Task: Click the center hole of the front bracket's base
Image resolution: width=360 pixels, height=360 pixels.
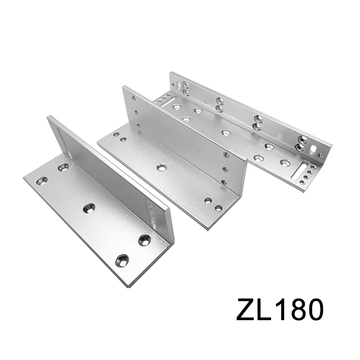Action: (x=89, y=208)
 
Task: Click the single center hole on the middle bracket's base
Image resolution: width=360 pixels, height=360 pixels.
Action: (x=162, y=167)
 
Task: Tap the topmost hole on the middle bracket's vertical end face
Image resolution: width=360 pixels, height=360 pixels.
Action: (x=227, y=154)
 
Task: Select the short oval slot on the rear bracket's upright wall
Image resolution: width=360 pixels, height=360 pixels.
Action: (x=312, y=148)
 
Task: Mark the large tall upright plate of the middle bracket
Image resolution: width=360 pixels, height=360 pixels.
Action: (x=180, y=135)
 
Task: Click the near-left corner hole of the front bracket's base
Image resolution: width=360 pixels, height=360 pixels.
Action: (x=42, y=181)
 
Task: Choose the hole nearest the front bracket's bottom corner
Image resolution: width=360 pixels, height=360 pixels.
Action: (x=121, y=260)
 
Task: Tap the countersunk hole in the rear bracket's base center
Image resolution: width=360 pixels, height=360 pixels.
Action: (x=226, y=133)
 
